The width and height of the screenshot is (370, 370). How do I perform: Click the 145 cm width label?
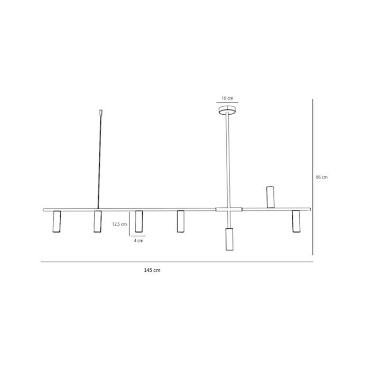[x=152, y=270]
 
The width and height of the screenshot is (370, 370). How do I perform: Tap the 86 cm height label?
[x=322, y=177]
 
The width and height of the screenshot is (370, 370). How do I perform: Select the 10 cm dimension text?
[x=227, y=98]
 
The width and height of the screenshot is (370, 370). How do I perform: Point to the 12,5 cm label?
[x=119, y=224]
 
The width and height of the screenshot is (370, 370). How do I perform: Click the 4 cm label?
[x=138, y=240]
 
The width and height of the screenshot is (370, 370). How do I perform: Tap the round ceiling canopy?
[x=227, y=110]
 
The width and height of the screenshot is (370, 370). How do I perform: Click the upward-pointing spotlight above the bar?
[x=271, y=197]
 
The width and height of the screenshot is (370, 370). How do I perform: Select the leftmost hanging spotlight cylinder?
[x=57, y=221]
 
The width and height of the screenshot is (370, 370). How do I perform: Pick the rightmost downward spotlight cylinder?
[x=296, y=221]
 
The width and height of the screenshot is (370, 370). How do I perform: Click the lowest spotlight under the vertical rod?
[x=229, y=239]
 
